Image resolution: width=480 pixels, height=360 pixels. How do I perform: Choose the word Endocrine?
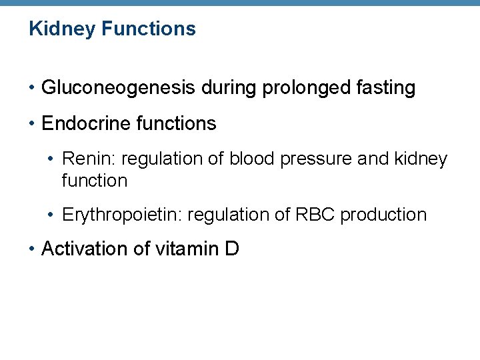(82, 124)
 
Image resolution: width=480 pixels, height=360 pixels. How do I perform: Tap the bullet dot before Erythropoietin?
(52, 215)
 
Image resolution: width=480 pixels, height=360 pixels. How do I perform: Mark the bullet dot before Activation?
(32, 250)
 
